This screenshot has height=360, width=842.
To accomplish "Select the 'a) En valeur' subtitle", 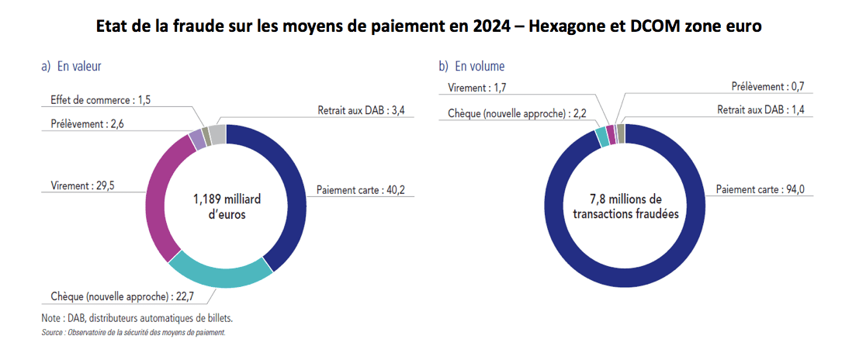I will point(71,67).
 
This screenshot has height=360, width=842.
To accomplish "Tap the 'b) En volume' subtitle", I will point(472,67).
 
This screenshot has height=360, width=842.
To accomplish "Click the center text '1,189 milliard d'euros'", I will point(220,206).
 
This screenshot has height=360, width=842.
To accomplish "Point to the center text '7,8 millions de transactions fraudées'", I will point(625,206).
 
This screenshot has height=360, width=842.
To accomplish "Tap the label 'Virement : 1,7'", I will point(477,88).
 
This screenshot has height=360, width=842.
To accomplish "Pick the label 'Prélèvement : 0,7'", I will point(771,87).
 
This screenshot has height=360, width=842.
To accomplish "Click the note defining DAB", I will point(137,318).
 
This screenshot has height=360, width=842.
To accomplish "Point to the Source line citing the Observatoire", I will point(133,332).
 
